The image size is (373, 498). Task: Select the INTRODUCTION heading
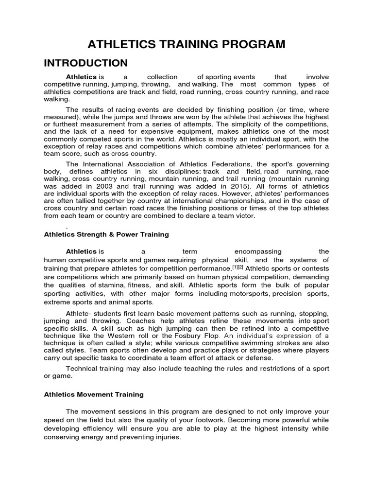click(86, 63)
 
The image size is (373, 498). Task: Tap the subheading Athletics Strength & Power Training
click(106, 234)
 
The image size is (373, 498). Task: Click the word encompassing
click(258, 251)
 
